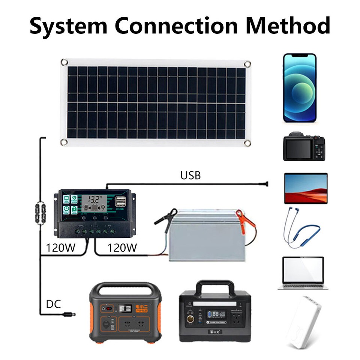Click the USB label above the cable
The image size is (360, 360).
[x=190, y=175]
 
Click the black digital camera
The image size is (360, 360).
[x=304, y=147]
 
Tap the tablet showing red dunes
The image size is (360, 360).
[x=306, y=188]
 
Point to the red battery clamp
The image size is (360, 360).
[x=245, y=220]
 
